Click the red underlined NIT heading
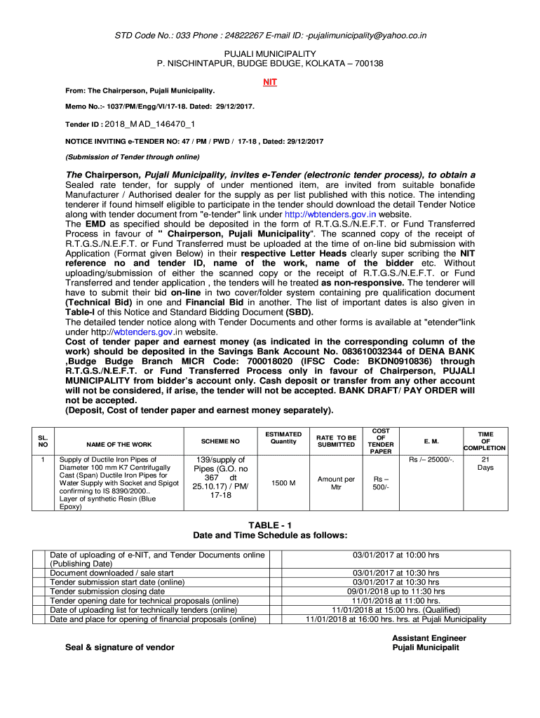[270, 82]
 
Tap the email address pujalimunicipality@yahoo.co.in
[366, 36]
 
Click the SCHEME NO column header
[220, 442]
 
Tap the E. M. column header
[431, 442]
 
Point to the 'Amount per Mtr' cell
[336, 483]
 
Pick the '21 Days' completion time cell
[485, 463]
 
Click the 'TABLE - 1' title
[270, 525]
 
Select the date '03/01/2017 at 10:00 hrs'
[396, 555]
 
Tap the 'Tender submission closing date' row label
[107, 591]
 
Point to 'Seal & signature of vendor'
[120, 646]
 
